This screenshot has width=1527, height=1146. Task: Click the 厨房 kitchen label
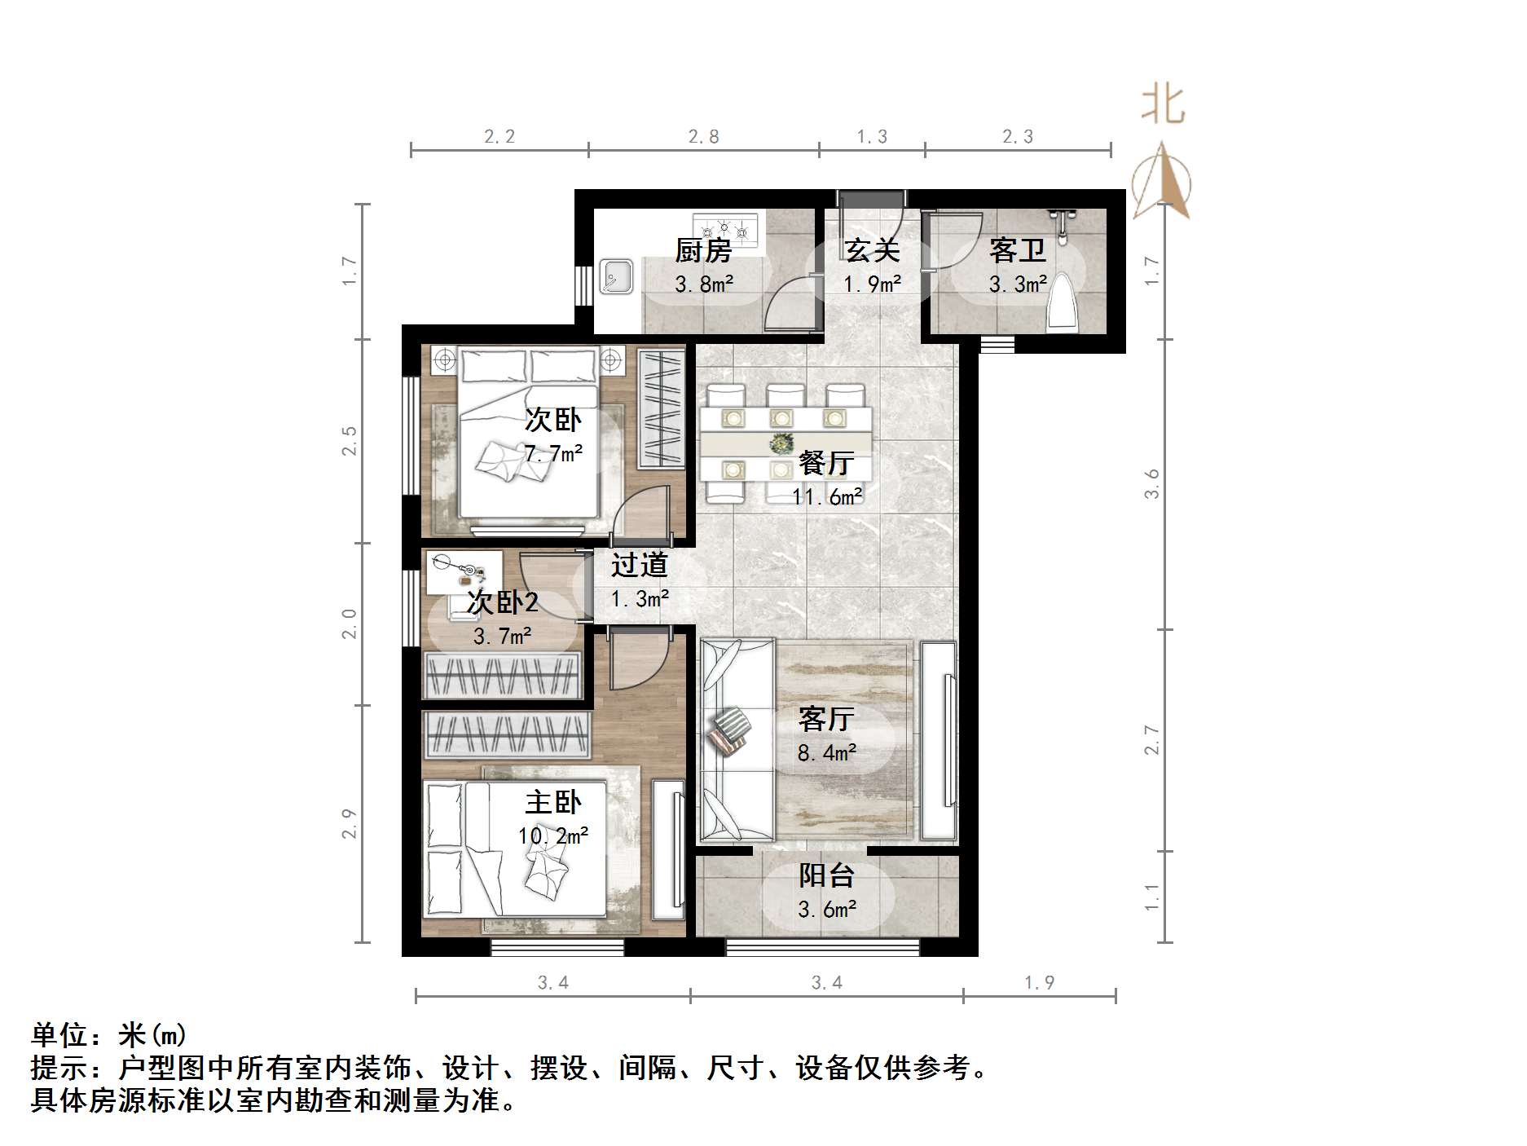[702, 250]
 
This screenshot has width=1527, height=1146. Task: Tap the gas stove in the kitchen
[724, 229]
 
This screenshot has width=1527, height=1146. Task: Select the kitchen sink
[616, 276]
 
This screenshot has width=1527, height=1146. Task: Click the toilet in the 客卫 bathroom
[1062, 304]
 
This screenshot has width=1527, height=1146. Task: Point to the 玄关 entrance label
[871, 250]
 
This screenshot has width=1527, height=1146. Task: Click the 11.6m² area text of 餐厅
[827, 496]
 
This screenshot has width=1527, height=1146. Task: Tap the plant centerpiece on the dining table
[782, 444]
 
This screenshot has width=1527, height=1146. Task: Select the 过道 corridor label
[640, 564]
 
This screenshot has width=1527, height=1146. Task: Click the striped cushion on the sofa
[730, 730]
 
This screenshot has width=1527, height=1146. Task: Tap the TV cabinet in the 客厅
[939, 741]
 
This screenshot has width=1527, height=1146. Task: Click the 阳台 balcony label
[826, 875]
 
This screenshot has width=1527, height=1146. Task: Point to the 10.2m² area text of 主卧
[553, 836]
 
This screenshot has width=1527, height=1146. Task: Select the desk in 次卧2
[464, 571]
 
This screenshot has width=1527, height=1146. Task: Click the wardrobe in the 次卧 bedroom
[661, 408]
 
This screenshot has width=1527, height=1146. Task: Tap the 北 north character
[1163, 106]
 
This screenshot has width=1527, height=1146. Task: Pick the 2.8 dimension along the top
[703, 136]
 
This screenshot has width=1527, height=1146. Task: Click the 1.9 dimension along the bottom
[1039, 983]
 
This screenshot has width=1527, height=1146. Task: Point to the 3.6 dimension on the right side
[1151, 484]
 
